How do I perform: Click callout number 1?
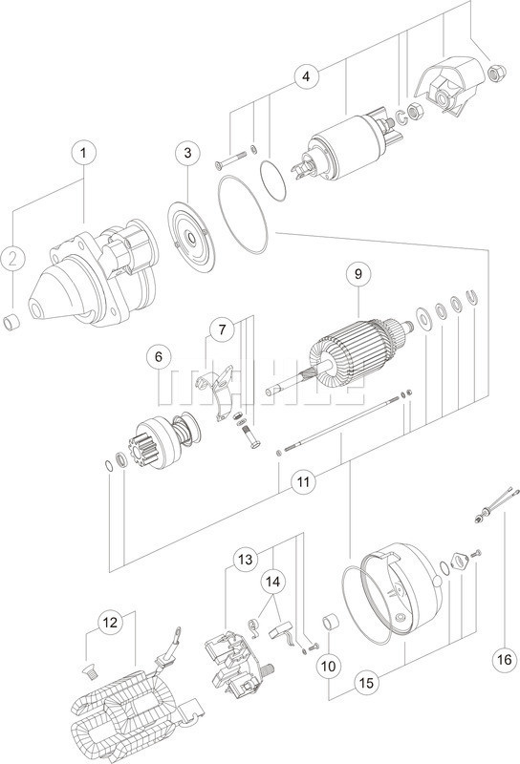[83, 152]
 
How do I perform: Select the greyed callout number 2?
[11, 257]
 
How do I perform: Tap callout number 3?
[188, 152]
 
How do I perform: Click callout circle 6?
[155, 357]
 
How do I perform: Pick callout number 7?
[221, 330]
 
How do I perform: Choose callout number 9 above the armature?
[358, 274]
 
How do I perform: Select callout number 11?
[302, 483]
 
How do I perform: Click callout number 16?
[504, 658]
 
